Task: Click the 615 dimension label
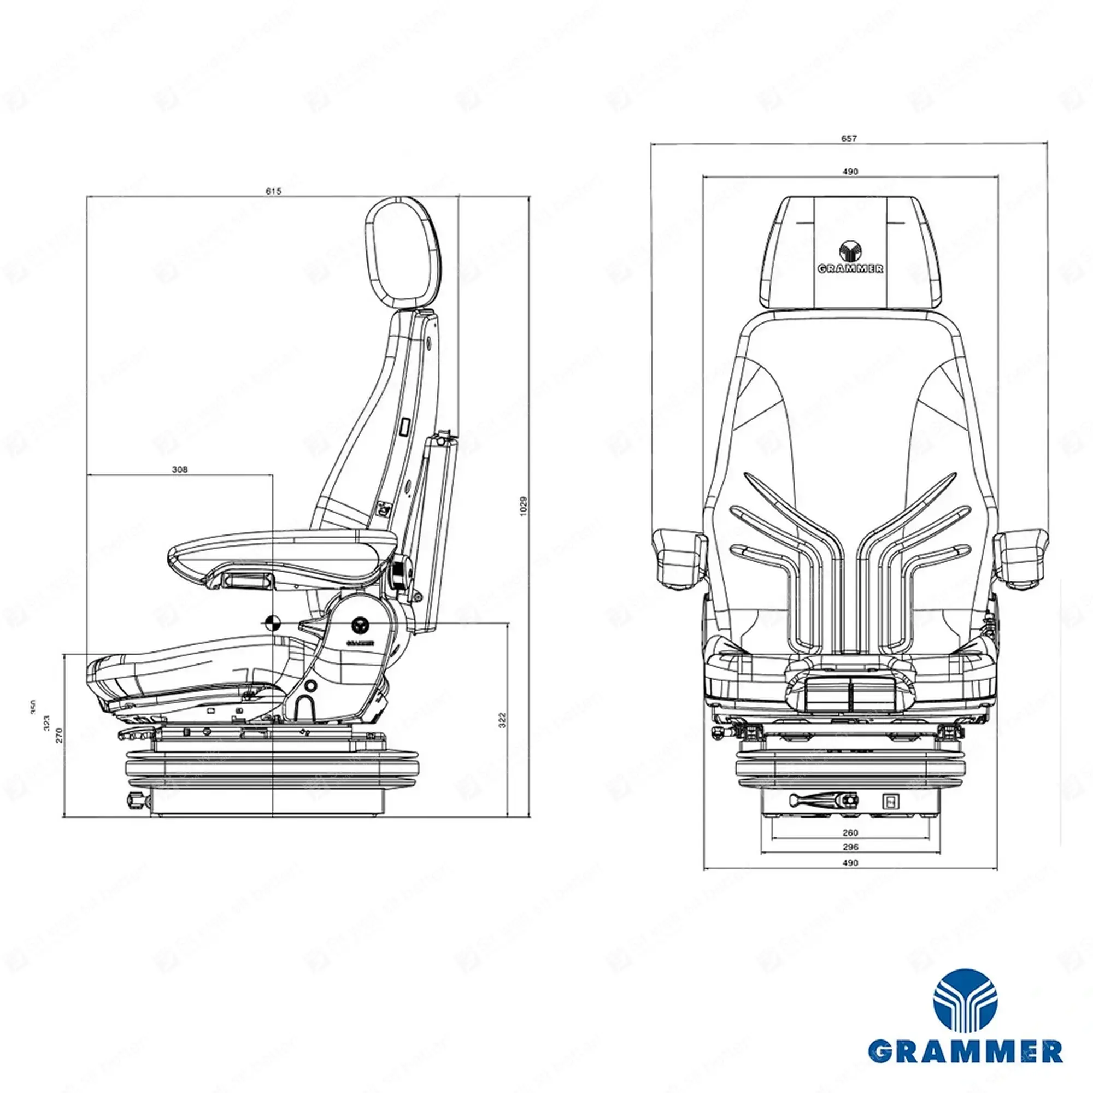point(273,191)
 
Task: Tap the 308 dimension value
point(180,469)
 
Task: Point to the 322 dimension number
point(502,720)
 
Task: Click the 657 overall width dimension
point(849,138)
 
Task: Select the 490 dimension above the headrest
point(850,172)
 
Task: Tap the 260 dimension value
point(850,832)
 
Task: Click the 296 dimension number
point(850,847)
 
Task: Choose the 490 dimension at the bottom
point(850,863)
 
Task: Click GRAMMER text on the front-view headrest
point(850,269)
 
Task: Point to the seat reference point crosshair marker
point(272,623)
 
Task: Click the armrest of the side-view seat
point(283,549)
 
